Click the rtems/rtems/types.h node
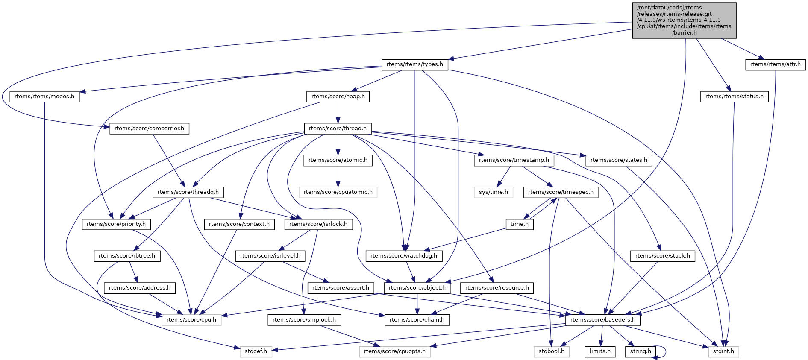click(414, 64)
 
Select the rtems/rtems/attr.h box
click(775, 64)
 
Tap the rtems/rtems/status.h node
click(734, 97)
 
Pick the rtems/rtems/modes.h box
click(44, 97)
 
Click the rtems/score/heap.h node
click(338, 97)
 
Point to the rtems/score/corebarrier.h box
click(150, 129)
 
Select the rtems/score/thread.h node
click(338, 129)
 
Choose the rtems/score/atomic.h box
click(338, 160)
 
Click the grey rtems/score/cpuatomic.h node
click(338, 192)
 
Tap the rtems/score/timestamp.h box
click(514, 160)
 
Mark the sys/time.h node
click(494, 192)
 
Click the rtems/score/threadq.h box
click(188, 192)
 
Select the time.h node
click(520, 224)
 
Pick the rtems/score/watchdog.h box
click(404, 256)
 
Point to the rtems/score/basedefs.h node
click(602, 320)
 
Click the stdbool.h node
click(551, 351)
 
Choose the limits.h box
click(600, 351)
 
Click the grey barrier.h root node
click(684, 20)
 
